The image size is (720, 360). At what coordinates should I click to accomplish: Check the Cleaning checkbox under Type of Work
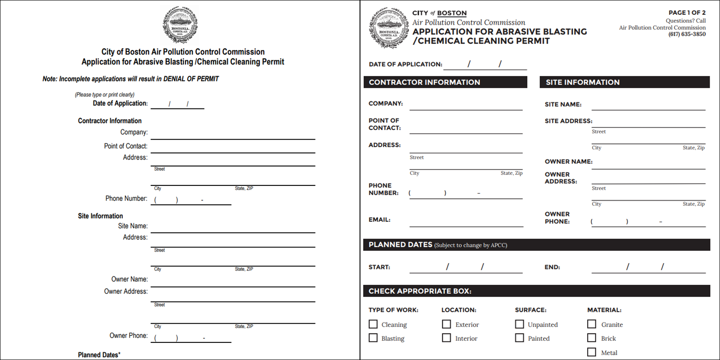[x=373, y=324]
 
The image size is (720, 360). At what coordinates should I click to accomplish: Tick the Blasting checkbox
[x=373, y=337]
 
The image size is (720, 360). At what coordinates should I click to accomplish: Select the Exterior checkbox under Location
[x=446, y=324]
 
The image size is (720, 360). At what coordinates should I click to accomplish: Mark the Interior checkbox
[x=446, y=337]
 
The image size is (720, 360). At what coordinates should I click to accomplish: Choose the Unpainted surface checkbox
[x=519, y=324]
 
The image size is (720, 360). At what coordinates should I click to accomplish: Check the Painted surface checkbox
[x=519, y=337]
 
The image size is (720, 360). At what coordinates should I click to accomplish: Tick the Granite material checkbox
[x=592, y=324]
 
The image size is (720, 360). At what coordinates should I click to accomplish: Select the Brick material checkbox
[x=592, y=337]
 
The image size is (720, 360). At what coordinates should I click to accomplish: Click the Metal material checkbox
[x=592, y=352]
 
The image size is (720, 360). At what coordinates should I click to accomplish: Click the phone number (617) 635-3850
[x=687, y=34]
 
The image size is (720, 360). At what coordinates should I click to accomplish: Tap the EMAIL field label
[x=379, y=220]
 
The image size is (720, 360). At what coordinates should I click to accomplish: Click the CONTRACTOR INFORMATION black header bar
[x=445, y=82]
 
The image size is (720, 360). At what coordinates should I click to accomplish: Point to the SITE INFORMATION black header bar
[x=624, y=82]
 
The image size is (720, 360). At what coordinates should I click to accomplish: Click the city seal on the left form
[x=180, y=25]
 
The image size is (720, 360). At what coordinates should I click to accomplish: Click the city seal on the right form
[x=388, y=28]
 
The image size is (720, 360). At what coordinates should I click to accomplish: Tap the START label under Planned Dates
[x=379, y=267]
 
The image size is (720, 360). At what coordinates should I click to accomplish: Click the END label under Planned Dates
[x=552, y=267]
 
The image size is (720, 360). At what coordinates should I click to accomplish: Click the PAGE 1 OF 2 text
[x=687, y=13]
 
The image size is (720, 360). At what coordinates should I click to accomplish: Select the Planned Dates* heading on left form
[x=99, y=355]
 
